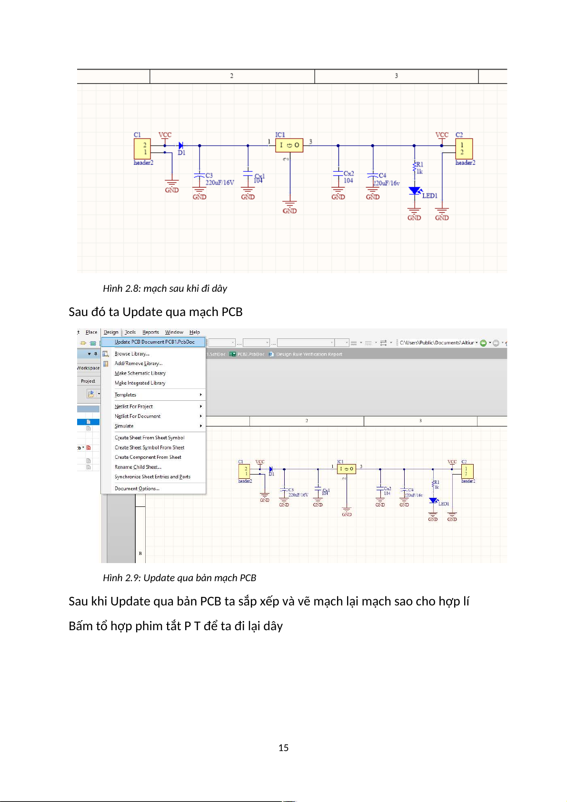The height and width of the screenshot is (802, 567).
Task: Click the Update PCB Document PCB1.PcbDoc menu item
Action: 154,342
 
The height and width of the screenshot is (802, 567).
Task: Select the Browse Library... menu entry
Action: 132,354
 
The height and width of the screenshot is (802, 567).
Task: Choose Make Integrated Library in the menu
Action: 140,383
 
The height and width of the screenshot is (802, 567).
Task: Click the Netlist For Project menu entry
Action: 134,406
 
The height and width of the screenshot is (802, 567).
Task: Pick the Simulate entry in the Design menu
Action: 124,426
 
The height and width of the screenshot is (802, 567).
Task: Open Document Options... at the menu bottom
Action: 137,488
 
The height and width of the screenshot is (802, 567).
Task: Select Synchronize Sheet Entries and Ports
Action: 152,476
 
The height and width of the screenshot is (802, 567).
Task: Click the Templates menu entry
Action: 126,395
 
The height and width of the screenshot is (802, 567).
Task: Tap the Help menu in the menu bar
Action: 194,332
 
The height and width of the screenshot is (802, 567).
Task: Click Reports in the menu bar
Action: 150,332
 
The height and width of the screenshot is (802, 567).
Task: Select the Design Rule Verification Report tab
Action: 309,354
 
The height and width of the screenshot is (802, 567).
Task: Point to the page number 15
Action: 283,748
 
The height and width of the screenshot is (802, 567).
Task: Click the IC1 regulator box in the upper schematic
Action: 289,145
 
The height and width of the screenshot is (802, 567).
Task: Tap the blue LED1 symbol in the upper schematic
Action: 415,191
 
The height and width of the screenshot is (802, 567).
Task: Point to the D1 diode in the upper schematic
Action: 181,146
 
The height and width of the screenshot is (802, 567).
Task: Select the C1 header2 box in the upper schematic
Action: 142,149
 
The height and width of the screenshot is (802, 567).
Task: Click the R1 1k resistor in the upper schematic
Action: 415,168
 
